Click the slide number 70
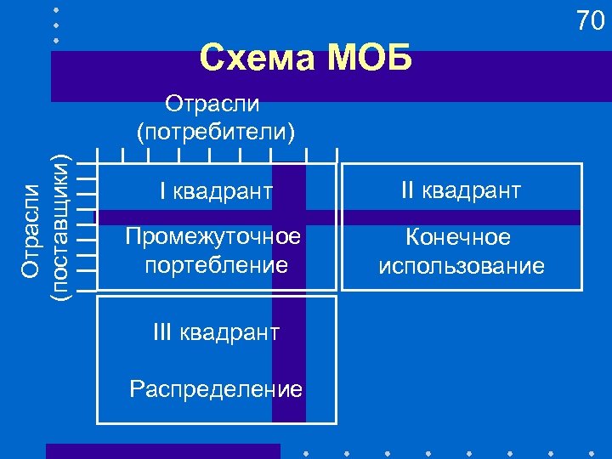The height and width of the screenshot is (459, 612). coord(589,21)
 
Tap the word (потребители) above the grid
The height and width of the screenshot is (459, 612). coord(216,131)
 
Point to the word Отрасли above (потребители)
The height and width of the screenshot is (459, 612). coord(212,105)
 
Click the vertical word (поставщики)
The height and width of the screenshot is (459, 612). coord(59,226)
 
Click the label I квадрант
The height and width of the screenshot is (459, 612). coord(216,192)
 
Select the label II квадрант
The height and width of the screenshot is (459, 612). coord(461,190)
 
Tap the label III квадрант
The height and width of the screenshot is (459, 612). coord(216,332)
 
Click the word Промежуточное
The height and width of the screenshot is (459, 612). coord(212,235)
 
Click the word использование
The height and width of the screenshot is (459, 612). coord(462,266)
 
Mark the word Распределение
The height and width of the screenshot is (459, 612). coord(216,389)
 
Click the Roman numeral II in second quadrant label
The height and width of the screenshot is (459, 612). coord(408,190)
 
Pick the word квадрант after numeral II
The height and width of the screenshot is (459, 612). coord(471,191)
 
